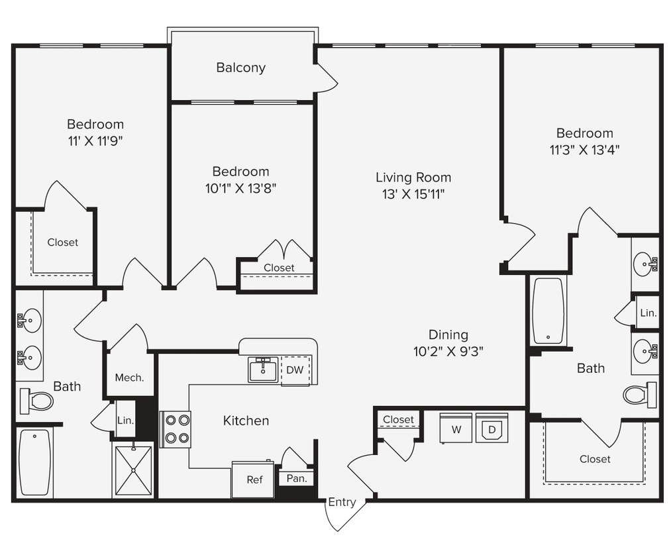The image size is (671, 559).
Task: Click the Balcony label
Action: tap(240, 68)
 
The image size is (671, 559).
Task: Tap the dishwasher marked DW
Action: tap(295, 370)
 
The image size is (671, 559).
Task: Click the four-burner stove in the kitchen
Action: tap(176, 429)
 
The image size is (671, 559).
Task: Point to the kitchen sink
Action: tap(263, 370)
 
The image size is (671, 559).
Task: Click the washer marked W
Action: tap(456, 429)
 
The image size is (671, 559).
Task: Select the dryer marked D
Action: tap(491, 429)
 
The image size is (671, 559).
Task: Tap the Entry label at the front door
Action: tap(342, 502)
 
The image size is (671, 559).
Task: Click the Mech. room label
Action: tap(130, 378)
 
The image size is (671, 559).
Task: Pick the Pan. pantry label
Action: tap(296, 478)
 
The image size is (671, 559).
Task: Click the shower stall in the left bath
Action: tap(133, 470)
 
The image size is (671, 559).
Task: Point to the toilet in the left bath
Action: tap(37, 401)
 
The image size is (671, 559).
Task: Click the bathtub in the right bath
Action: tap(548, 311)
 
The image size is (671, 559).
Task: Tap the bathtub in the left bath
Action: tap(34, 462)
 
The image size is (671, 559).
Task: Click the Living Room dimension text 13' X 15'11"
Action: tap(413, 194)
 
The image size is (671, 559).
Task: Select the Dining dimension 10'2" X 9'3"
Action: tap(448, 352)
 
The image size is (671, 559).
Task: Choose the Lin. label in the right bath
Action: tap(648, 313)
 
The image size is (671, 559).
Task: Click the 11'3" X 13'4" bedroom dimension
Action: tap(584, 150)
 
